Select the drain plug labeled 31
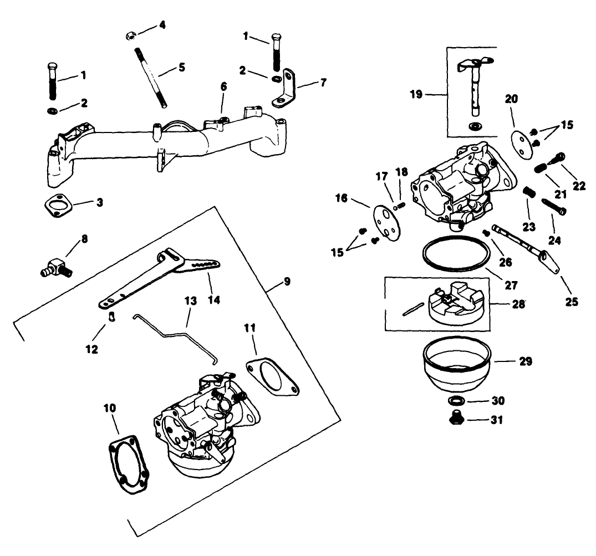pyautogui.click(x=456, y=419)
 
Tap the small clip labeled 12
pyautogui.click(x=111, y=317)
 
